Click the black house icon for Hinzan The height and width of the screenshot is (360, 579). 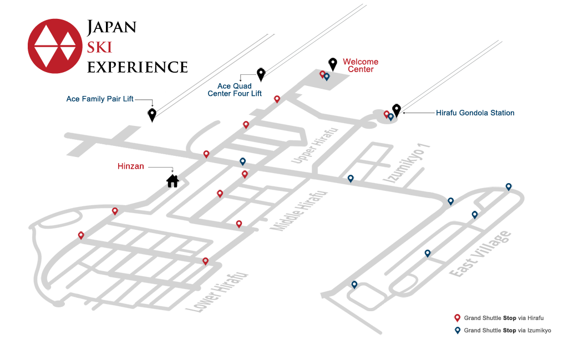172,181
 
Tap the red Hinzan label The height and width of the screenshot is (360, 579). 131,166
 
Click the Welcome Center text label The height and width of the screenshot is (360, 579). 360,65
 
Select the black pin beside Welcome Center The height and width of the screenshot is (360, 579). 333,64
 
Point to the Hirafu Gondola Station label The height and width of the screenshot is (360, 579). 475,113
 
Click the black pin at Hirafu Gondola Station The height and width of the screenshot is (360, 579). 396,110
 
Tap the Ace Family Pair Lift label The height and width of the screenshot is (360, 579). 100,99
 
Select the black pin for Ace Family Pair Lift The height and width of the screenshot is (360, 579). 152,115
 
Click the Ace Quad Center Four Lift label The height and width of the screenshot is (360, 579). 235,90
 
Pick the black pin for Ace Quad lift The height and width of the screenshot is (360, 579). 261,74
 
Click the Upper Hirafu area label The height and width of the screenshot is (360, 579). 314,145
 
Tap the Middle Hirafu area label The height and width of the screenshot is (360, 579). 299,211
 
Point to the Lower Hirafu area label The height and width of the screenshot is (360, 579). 216,292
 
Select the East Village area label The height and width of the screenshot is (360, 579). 480,253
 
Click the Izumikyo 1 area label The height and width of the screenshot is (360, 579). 407,163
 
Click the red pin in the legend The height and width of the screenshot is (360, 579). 457,318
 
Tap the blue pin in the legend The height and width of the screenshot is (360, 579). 458,331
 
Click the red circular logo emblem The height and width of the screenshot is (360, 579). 55,46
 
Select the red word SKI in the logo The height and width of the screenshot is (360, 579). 99,48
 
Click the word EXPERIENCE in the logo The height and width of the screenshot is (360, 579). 138,67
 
